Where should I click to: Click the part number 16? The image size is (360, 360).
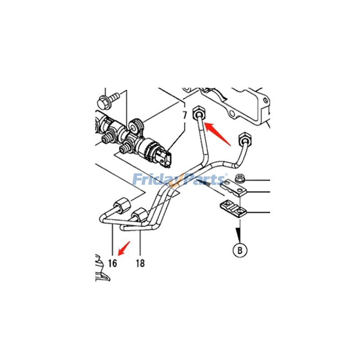[112, 263]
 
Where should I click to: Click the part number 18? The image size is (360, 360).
[140, 263]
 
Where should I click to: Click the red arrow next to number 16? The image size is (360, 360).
[123, 247]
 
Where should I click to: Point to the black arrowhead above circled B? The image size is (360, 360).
[239, 233]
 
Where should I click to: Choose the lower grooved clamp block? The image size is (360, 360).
[234, 208]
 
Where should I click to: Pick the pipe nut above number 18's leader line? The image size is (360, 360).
[140, 215]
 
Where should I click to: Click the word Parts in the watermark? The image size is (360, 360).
[202, 180]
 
